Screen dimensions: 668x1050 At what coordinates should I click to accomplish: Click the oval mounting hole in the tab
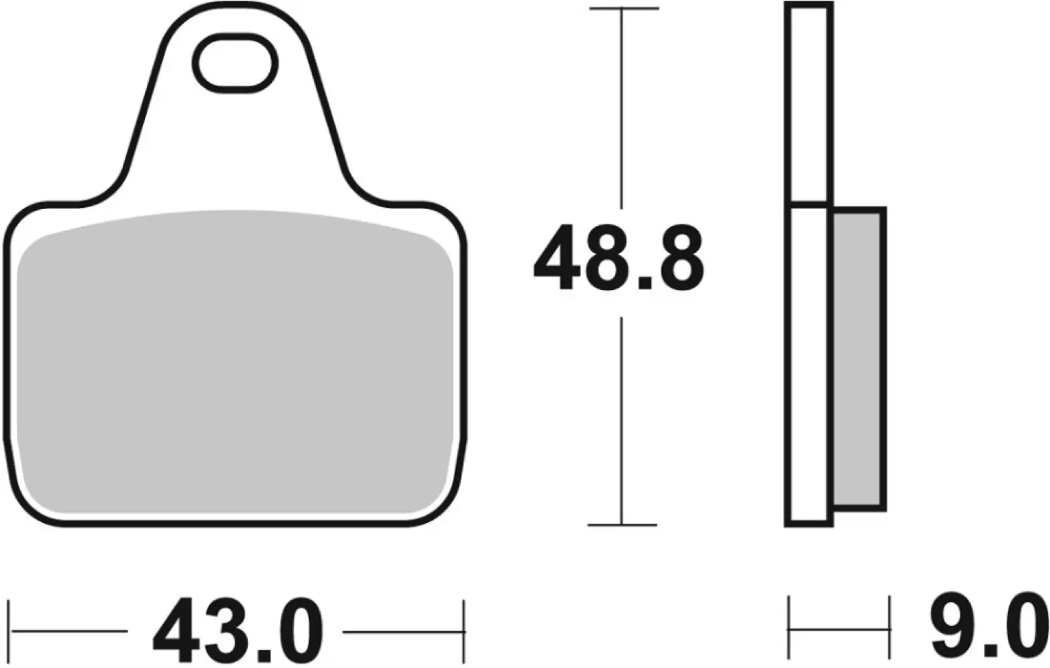click(x=235, y=63)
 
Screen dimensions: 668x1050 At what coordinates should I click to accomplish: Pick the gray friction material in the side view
click(x=859, y=359)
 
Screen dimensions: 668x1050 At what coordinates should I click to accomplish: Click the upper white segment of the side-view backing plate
click(x=808, y=104)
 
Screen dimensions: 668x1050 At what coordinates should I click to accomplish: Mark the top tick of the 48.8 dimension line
click(x=623, y=9)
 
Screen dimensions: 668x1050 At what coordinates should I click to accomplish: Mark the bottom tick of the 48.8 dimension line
click(x=623, y=524)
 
